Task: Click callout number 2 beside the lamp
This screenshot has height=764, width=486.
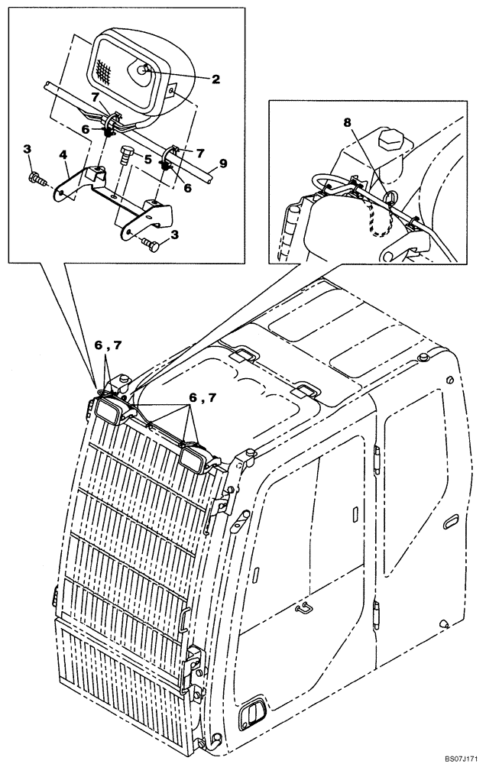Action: pyautogui.click(x=215, y=78)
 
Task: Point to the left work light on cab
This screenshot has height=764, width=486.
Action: pyautogui.click(x=109, y=411)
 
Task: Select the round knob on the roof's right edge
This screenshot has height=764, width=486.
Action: pyautogui.click(x=423, y=358)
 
